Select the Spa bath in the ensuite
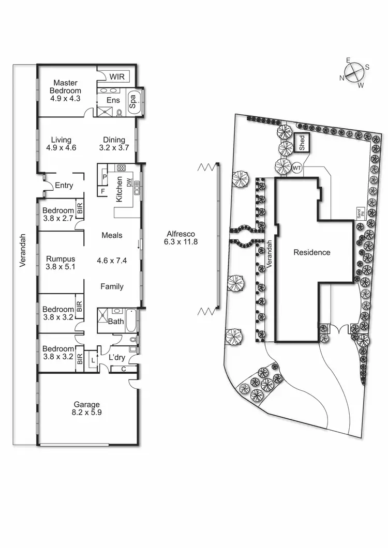click(x=132, y=100)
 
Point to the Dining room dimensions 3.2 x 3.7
click(x=114, y=147)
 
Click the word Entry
click(x=64, y=186)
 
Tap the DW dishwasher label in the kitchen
click(x=130, y=183)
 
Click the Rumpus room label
click(x=61, y=259)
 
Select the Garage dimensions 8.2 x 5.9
click(x=86, y=413)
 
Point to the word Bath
click(x=115, y=321)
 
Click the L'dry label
click(x=116, y=357)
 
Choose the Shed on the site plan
click(x=303, y=142)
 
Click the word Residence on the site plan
click(x=311, y=252)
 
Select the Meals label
click(x=112, y=235)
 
